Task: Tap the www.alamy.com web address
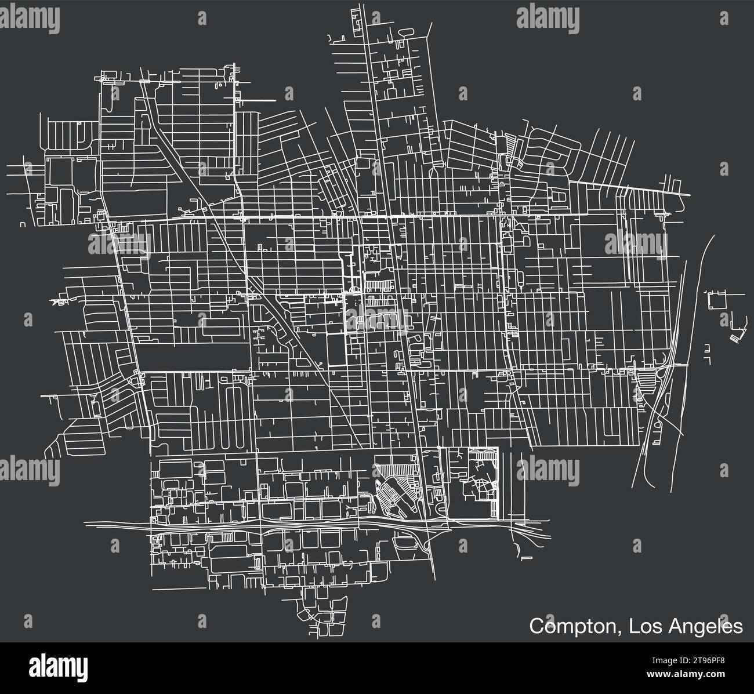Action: click(x=690, y=672)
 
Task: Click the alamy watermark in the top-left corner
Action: click(x=30, y=19)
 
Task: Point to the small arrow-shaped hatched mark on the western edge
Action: click(x=57, y=301)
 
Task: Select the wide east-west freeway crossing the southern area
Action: click(x=290, y=525)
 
